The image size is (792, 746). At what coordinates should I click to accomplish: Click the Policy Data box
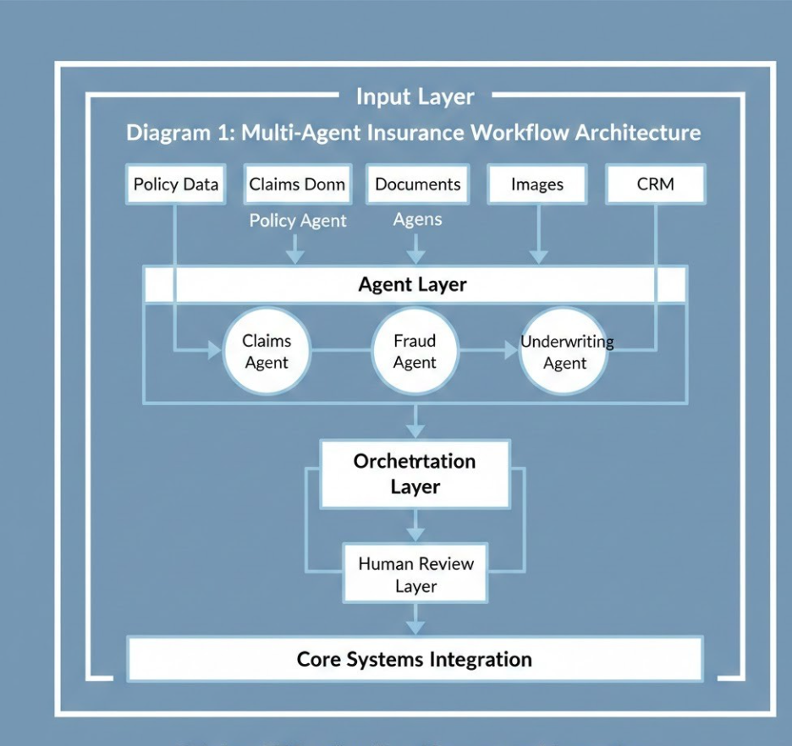click(176, 184)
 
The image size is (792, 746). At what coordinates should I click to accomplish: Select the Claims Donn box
click(297, 184)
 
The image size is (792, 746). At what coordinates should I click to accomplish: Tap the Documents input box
click(417, 184)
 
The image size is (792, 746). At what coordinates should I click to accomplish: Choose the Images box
click(537, 184)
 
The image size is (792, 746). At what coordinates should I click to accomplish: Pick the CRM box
click(656, 184)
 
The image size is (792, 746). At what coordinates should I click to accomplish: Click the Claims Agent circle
click(267, 352)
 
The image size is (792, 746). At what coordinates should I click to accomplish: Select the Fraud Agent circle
click(415, 352)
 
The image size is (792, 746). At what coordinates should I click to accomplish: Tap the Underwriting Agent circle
click(564, 352)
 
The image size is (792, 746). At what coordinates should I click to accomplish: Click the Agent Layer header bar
click(415, 285)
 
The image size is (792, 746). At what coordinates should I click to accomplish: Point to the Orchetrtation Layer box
click(415, 474)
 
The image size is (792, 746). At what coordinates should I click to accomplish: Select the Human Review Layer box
click(415, 574)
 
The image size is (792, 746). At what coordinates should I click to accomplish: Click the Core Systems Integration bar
click(415, 660)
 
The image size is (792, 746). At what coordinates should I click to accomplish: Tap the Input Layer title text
click(415, 96)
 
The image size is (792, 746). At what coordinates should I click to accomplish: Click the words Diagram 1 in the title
click(179, 133)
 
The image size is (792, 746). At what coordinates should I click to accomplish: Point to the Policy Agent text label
click(297, 221)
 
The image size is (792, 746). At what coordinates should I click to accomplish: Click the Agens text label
click(417, 220)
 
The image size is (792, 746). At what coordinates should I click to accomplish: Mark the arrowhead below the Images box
click(537, 255)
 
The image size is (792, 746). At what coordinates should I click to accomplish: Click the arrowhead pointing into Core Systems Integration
click(415, 628)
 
